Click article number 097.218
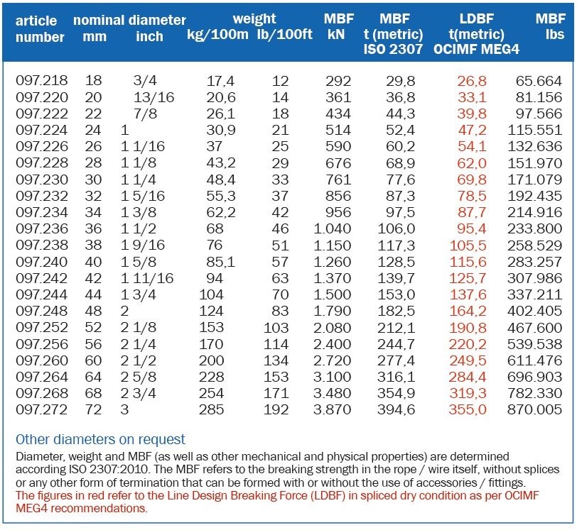(42, 80)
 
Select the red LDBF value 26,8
(472, 81)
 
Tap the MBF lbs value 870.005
(534, 409)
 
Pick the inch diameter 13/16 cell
(153, 97)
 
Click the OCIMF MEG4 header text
(476, 49)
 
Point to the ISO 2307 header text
(393, 49)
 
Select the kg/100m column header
(217, 34)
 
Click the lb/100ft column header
(284, 34)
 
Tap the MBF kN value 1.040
(333, 228)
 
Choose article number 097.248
(42, 311)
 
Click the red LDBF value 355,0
(468, 409)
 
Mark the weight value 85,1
(220, 262)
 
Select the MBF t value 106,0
(397, 228)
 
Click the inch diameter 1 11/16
(147, 278)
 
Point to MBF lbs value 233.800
(534, 228)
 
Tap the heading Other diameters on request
(100, 439)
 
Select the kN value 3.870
(333, 409)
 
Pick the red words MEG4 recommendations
(81, 508)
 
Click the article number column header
(40, 28)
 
